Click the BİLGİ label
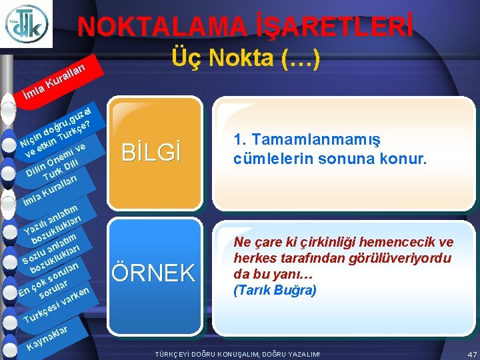pyautogui.click(x=152, y=153)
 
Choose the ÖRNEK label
pyautogui.click(x=153, y=272)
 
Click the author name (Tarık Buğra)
pyautogui.click(x=275, y=291)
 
